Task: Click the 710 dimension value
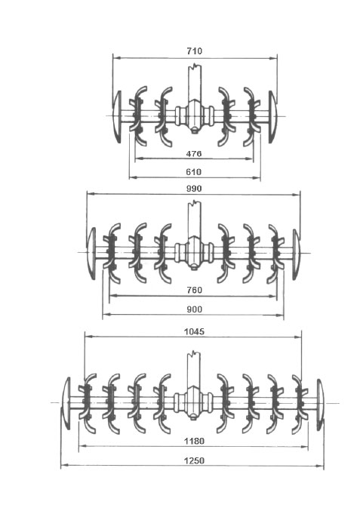[194, 51]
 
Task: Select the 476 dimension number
[194, 153]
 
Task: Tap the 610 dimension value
[194, 172]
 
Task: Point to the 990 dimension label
[194, 189]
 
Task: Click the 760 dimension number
[195, 290]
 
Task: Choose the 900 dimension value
[195, 309]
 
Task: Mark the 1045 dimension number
[194, 332]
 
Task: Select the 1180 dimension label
[194, 442]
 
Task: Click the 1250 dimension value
[194, 461]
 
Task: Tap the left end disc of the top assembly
[117, 117]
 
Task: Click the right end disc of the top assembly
[272, 117]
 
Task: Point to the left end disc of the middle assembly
[91, 253]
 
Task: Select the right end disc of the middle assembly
[296, 254]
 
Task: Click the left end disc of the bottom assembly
[66, 404]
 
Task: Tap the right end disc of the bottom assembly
[321, 404]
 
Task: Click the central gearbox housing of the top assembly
[195, 115]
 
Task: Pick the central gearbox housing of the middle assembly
[195, 253]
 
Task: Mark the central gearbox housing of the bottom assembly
[193, 403]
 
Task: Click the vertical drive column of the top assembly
[195, 83]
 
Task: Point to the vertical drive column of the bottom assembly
[193, 370]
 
